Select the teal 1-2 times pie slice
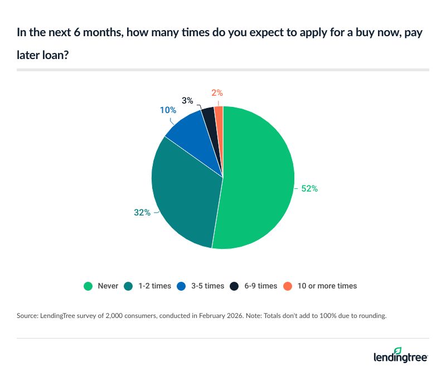[x=184, y=195]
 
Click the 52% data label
[x=309, y=189]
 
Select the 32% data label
[x=142, y=212]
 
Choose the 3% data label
[x=187, y=101]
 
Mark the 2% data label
[x=217, y=93]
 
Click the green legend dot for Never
[x=88, y=286]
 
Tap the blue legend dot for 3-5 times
[x=182, y=286]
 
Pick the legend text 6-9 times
[x=259, y=286]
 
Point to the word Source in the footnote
[x=28, y=316]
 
